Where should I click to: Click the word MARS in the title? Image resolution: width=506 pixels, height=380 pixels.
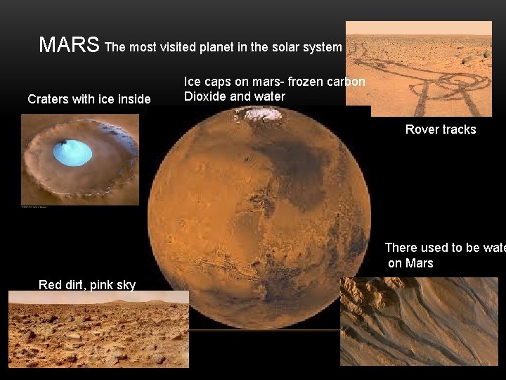coord(69,45)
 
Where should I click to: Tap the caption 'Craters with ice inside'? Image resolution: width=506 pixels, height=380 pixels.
coord(89,99)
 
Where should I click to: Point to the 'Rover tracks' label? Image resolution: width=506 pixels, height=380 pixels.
coord(441,129)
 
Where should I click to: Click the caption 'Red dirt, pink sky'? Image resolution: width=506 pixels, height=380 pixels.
coord(88,284)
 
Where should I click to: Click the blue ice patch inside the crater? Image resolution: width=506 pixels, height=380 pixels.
coord(72,152)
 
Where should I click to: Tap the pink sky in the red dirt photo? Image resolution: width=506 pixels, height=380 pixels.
coord(98,297)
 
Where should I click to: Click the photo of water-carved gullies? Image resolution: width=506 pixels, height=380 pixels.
coord(419,321)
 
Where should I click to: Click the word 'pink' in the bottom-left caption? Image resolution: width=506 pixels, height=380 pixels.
coord(104,284)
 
